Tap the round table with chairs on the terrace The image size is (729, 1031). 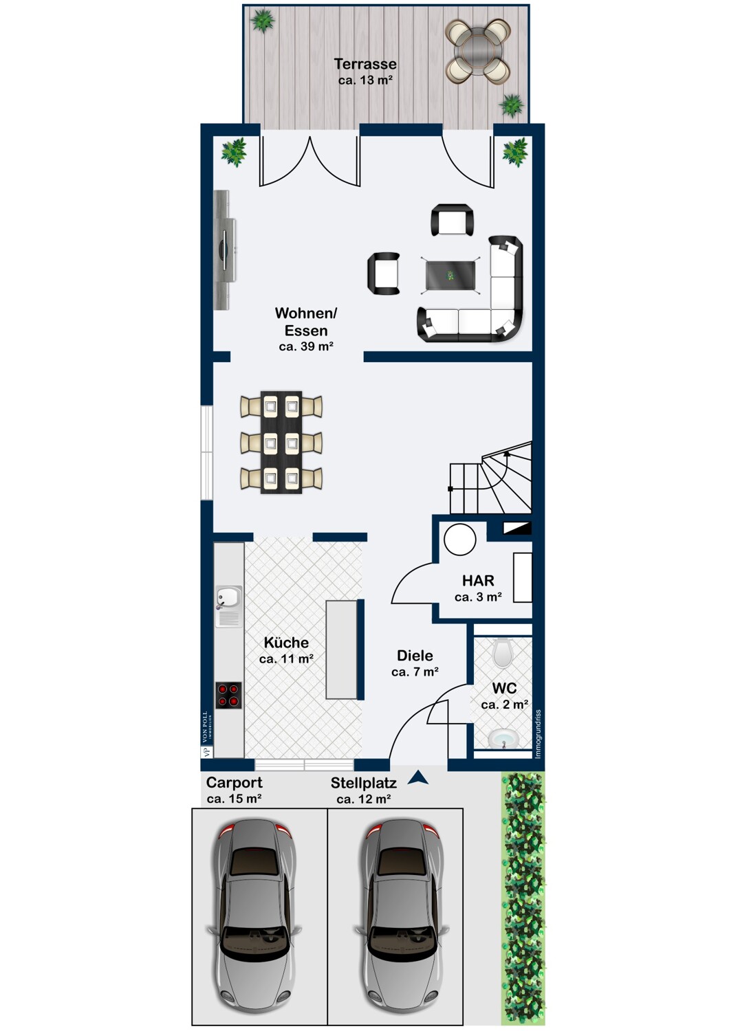477,51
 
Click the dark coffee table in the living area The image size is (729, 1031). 450,276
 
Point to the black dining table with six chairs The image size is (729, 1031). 281,442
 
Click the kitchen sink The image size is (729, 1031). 228,597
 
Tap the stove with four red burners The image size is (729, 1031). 228,695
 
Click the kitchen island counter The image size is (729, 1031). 342,650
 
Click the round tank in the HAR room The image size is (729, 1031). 460,540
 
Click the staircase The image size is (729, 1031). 492,478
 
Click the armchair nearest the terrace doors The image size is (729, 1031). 452,220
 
